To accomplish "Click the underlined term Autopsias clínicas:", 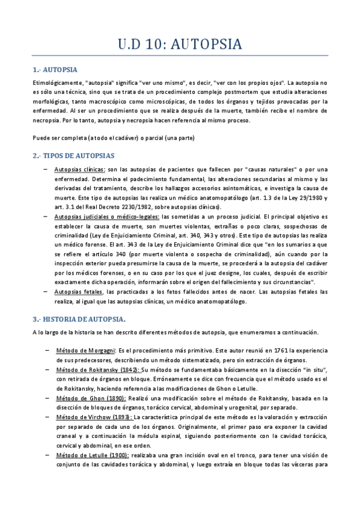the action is coord(79,170).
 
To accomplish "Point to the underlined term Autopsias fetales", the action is coord(79,292).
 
